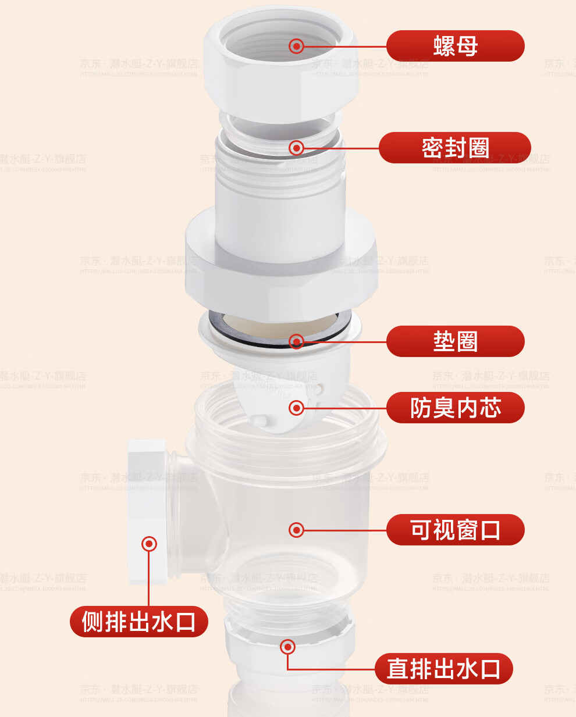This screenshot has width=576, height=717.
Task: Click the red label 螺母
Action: click(x=455, y=46)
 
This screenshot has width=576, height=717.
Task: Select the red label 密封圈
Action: click(x=455, y=148)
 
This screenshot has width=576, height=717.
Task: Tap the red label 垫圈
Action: click(x=455, y=341)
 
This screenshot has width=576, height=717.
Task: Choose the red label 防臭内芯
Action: click(x=455, y=408)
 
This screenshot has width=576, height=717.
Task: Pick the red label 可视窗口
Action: click(x=455, y=530)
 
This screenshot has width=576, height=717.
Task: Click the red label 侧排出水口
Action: click(x=138, y=622)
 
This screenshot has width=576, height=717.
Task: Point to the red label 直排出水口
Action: click(x=443, y=669)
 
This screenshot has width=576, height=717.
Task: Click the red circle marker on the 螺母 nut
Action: click(x=296, y=46)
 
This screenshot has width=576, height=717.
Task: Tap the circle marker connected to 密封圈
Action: click(x=296, y=148)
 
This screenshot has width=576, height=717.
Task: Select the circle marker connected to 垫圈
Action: click(x=296, y=341)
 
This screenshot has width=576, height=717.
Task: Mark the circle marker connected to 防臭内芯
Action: click(x=296, y=408)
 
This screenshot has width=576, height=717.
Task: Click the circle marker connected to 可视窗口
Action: click(x=296, y=530)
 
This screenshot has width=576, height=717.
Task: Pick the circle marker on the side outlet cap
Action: click(x=150, y=544)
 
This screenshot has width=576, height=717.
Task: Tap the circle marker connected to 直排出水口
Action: click(x=287, y=647)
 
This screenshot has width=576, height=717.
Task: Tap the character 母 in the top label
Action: click(x=467, y=46)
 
